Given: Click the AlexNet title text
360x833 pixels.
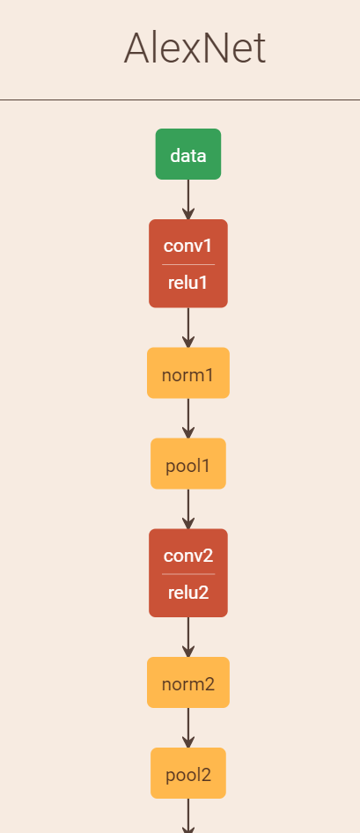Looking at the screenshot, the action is click(x=195, y=48).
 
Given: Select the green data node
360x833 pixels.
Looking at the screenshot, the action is click(x=188, y=154).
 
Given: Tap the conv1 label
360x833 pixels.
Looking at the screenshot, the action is click(x=188, y=246).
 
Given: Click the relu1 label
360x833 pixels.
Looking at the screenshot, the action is click(x=188, y=283).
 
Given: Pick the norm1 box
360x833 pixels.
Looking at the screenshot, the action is click(x=188, y=373).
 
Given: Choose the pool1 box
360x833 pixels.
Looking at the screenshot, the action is click(x=188, y=463).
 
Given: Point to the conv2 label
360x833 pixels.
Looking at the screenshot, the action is click(x=188, y=556).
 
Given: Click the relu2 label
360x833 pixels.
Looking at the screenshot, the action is click(x=188, y=593).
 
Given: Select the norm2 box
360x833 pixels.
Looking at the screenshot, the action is click(x=188, y=682).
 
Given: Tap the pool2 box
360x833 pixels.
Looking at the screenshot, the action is click(x=188, y=773).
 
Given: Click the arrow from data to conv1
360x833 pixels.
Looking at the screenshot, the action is click(x=188, y=200).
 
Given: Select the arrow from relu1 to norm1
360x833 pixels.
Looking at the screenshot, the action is click(x=188, y=328).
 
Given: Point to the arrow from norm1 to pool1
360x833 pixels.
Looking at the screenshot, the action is click(x=188, y=418).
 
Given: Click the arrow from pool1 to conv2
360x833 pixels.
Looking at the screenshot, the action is click(x=188, y=509).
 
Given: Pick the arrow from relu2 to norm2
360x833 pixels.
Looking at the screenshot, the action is click(x=188, y=638).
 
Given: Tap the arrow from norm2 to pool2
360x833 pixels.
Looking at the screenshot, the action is click(x=188, y=728).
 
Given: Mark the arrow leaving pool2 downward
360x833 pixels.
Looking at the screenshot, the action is click(x=188, y=815).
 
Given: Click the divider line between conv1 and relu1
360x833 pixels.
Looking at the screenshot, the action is click(x=188, y=264).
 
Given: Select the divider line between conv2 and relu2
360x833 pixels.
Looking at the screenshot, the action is click(x=188, y=574).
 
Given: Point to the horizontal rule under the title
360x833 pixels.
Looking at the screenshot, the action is click(x=180, y=100).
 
